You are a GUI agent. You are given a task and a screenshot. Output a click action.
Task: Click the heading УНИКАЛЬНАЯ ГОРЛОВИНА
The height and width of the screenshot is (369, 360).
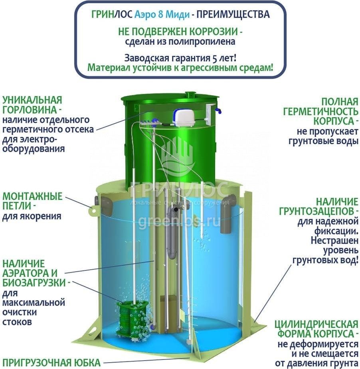coord(32,105)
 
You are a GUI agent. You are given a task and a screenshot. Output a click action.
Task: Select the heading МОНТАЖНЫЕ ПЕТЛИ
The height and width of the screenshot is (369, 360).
coord(32,201)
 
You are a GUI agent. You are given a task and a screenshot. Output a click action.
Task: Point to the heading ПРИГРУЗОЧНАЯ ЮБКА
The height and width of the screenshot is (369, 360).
coord(51,363)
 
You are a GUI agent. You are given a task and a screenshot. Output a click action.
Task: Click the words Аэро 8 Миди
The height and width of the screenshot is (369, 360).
coord(162,15)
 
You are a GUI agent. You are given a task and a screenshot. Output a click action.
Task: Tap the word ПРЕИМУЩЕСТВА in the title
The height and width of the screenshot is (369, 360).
coord(233,14)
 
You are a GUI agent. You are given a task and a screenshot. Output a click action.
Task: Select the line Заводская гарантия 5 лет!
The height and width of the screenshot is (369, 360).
coord(180,58)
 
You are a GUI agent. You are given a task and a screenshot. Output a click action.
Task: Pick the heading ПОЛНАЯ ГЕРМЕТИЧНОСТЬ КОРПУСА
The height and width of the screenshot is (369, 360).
coord(320,112)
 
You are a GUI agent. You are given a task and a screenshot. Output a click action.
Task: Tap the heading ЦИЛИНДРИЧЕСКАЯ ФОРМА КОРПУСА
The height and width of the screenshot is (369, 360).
coord(316,329)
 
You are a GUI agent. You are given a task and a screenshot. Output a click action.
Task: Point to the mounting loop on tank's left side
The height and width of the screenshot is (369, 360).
coord(94,211)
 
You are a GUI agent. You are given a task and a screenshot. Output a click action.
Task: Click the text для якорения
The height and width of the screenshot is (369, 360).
coord(32,216)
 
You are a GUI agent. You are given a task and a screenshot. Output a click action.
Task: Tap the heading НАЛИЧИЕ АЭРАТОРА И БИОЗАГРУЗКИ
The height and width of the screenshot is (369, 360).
coord(36,273)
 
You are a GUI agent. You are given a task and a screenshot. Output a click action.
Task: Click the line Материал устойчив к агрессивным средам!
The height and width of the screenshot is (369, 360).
coord(180,68)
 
